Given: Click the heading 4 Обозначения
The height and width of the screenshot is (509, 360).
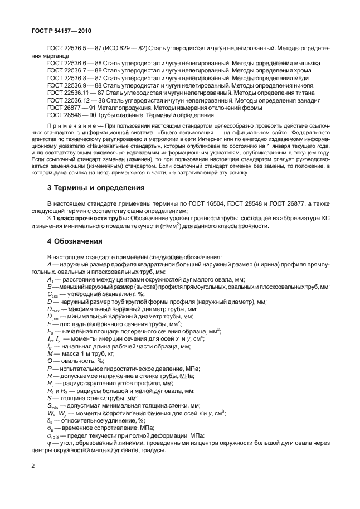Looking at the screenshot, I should (x=75, y=241).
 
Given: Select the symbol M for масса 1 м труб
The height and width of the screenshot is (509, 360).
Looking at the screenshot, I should (x=50, y=353).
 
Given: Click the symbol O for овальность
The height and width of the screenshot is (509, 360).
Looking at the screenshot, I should (x=50, y=361).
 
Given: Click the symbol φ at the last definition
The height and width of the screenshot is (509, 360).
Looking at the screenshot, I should (x=50, y=443).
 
